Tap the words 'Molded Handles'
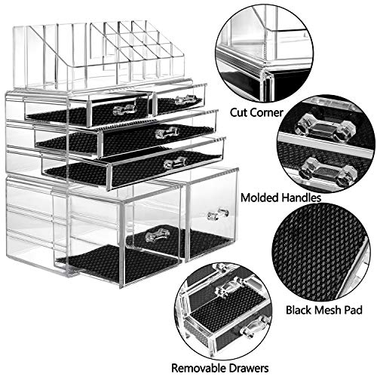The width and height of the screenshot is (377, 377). tap(278, 198)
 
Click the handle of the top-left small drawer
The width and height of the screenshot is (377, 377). tap(125, 109)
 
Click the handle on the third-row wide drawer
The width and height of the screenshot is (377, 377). tap(175, 162)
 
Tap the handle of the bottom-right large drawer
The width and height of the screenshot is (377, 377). tap(218, 214)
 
